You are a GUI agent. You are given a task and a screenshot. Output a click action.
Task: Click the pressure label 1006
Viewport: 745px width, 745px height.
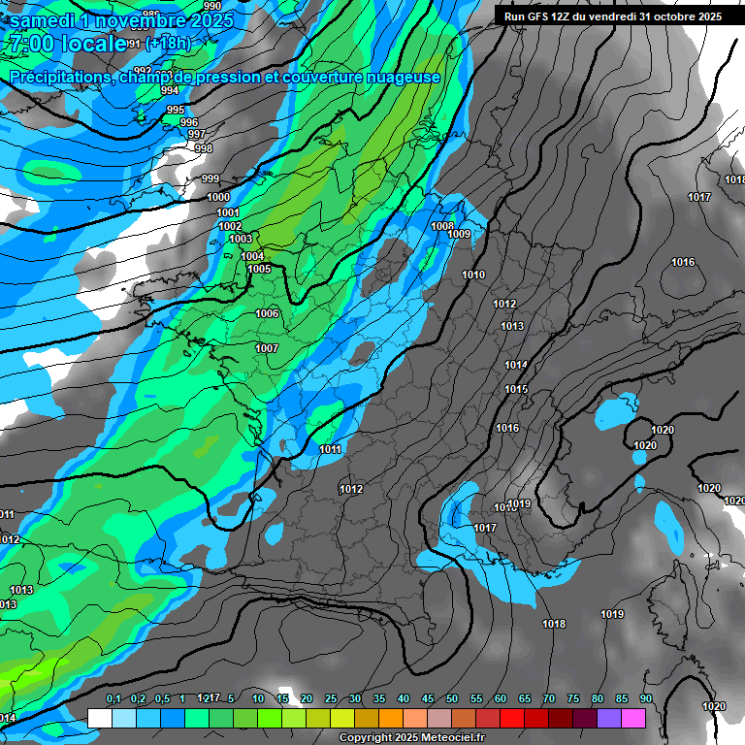pyautogui.click(x=268, y=313)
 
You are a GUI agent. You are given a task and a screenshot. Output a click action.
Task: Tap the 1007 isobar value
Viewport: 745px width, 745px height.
pyautogui.click(x=267, y=348)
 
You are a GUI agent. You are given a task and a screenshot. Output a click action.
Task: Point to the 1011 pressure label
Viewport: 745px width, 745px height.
pyautogui.click(x=330, y=449)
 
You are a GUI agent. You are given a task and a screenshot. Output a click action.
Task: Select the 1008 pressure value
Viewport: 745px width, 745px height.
pyautogui.click(x=442, y=226)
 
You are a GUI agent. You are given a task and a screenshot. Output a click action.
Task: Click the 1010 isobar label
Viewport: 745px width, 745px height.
pyautogui.click(x=473, y=275)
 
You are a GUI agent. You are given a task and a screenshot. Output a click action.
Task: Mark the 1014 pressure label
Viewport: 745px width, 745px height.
pyautogui.click(x=516, y=365)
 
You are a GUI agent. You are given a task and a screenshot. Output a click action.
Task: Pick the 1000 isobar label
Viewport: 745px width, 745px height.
pyautogui.click(x=219, y=197)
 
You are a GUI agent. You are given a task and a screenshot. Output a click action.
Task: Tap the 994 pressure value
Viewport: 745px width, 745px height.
pyautogui.click(x=170, y=90)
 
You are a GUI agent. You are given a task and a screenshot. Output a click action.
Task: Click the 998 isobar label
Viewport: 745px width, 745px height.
pyautogui.click(x=204, y=148)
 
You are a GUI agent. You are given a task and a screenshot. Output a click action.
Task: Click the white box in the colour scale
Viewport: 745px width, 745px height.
pyautogui.click(x=99, y=718)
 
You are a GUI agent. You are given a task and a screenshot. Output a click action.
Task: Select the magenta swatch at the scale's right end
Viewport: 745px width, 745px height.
pyautogui.click(x=633, y=718)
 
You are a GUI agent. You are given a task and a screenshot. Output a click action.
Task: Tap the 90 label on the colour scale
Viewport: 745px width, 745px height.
pyautogui.click(x=646, y=698)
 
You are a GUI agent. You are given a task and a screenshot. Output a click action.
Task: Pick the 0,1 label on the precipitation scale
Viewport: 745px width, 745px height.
pyautogui.click(x=113, y=698)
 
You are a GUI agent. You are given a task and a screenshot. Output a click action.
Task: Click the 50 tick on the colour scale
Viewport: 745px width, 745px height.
pyautogui.click(x=452, y=698)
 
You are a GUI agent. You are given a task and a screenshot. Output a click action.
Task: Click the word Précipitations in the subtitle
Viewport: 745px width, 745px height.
pyautogui.click(x=57, y=77)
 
